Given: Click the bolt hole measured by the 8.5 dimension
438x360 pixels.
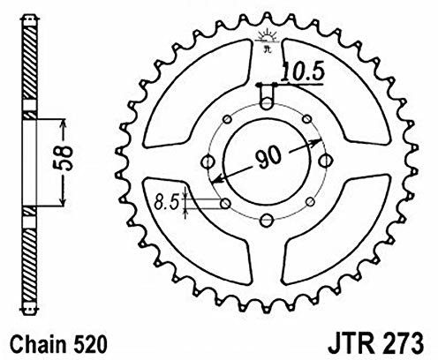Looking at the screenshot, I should click(226, 204).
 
